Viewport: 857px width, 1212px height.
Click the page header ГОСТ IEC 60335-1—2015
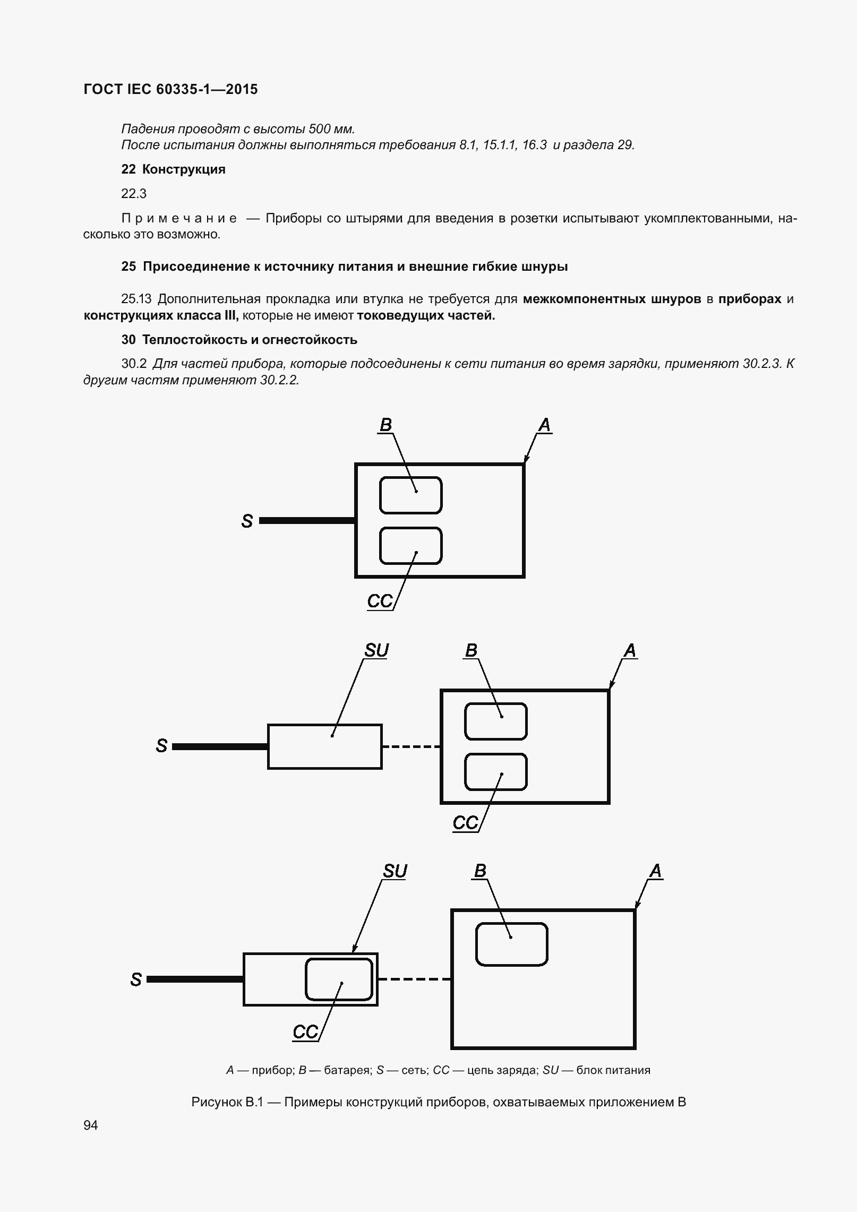(x=170, y=89)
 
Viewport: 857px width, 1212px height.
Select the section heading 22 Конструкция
(x=173, y=169)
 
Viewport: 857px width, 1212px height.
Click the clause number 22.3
(x=134, y=194)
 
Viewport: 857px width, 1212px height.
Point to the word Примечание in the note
(x=179, y=218)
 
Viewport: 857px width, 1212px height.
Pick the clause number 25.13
(x=137, y=299)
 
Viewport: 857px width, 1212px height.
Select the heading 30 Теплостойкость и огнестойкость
(x=239, y=340)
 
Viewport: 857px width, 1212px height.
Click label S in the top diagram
(x=247, y=521)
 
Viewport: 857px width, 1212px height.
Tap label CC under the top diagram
(x=380, y=601)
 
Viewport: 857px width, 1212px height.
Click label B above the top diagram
(x=385, y=425)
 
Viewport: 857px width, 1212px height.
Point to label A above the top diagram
(x=544, y=425)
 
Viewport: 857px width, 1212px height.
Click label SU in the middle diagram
(x=376, y=650)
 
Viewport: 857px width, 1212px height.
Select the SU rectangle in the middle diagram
(x=324, y=746)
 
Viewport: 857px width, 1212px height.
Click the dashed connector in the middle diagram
(x=411, y=746)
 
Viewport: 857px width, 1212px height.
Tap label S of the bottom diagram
(x=136, y=979)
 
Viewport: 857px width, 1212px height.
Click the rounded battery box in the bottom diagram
(x=511, y=944)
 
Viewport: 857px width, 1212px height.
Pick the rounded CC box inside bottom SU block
(x=339, y=979)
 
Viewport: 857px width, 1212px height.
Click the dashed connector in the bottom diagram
(x=414, y=979)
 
